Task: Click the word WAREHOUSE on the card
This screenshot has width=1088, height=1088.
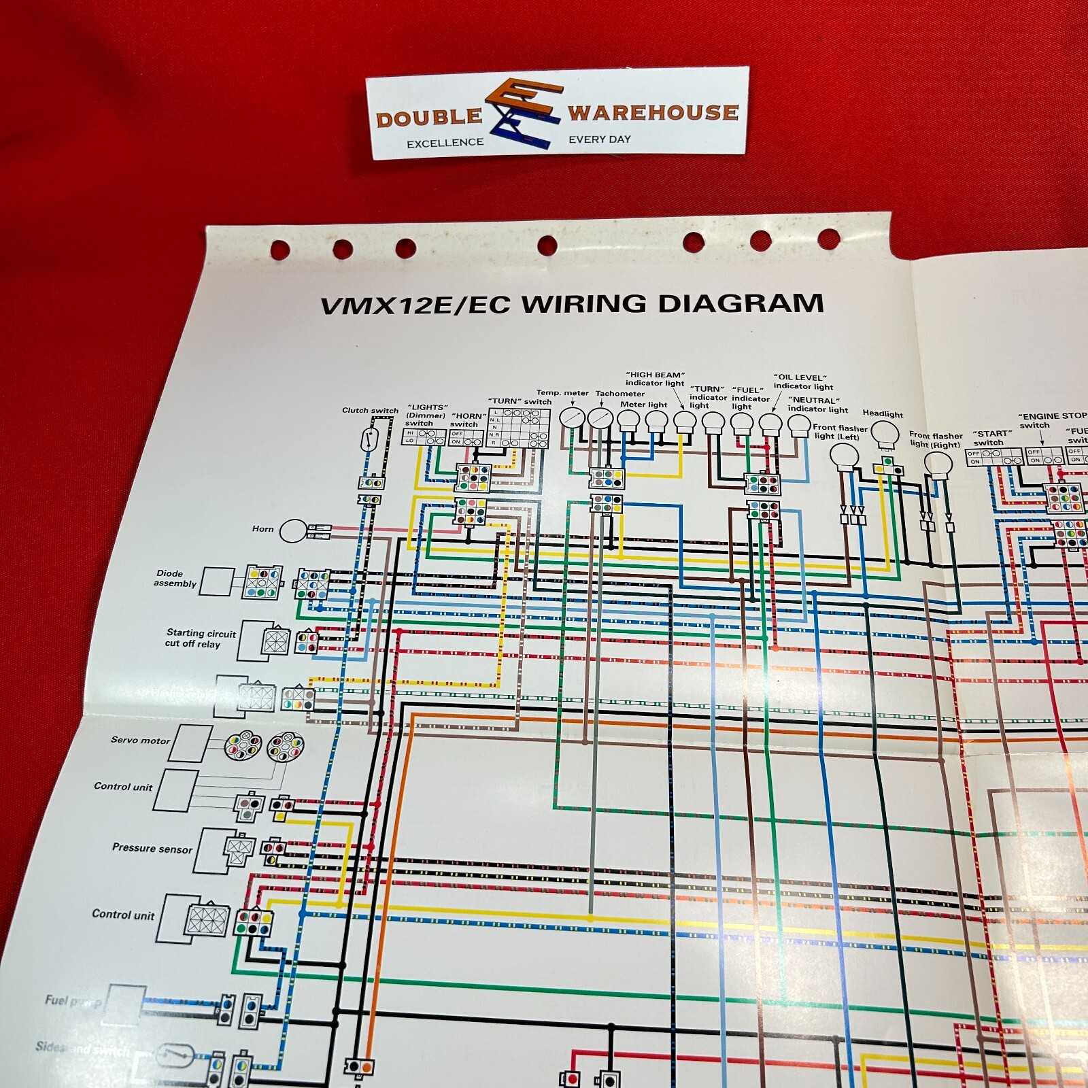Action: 653,112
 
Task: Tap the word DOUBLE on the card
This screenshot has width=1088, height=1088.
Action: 428,118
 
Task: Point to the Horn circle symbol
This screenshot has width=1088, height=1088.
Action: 293,531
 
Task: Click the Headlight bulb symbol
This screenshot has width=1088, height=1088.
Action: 885,433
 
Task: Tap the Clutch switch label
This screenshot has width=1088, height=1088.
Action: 370,410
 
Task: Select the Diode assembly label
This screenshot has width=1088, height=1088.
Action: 175,579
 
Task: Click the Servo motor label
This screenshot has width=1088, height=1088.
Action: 140,740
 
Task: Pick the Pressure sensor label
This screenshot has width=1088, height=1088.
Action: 152,849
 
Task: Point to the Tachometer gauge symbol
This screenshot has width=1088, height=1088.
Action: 599,418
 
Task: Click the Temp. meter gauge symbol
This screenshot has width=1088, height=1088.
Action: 572,418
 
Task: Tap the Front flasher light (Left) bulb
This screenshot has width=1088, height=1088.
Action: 845,457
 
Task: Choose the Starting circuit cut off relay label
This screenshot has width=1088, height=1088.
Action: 201,639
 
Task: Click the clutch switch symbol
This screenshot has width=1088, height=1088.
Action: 369,440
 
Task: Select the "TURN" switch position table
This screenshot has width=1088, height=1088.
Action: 519,428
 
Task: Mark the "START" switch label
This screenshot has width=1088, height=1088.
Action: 991,438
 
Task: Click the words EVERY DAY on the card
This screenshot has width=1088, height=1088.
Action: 599,139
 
